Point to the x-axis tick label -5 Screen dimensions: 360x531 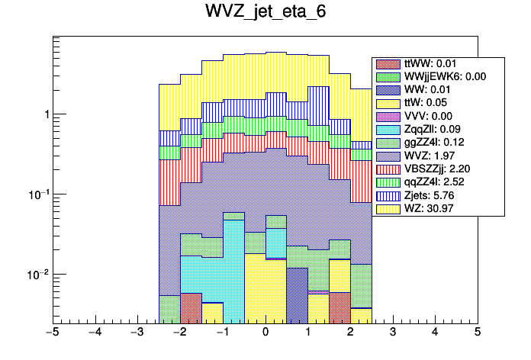click(x=52, y=333)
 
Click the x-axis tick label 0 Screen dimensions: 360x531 click(x=265, y=333)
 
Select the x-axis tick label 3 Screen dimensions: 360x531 click(x=392, y=333)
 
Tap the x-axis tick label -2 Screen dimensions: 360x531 click(x=179, y=333)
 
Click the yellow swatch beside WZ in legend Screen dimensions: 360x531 click(x=388, y=207)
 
